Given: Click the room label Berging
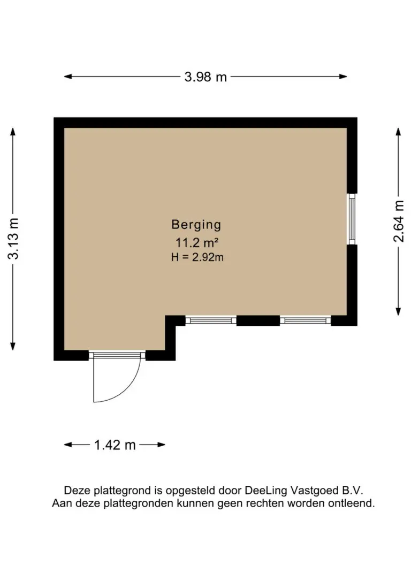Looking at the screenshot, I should [x=196, y=224].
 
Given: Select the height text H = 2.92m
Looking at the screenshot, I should [x=197, y=257].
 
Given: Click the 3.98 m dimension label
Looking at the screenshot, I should [x=205, y=77].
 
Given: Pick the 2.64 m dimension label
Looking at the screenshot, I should [x=399, y=221].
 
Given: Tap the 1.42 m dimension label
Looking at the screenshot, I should [x=115, y=445].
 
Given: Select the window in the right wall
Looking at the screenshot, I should [x=352, y=219].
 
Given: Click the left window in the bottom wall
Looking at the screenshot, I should [x=211, y=320].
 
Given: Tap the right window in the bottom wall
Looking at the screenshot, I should [x=305, y=320].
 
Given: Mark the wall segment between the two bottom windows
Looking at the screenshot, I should [x=258, y=320].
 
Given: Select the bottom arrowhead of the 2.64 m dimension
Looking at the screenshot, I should [x=399, y=312].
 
